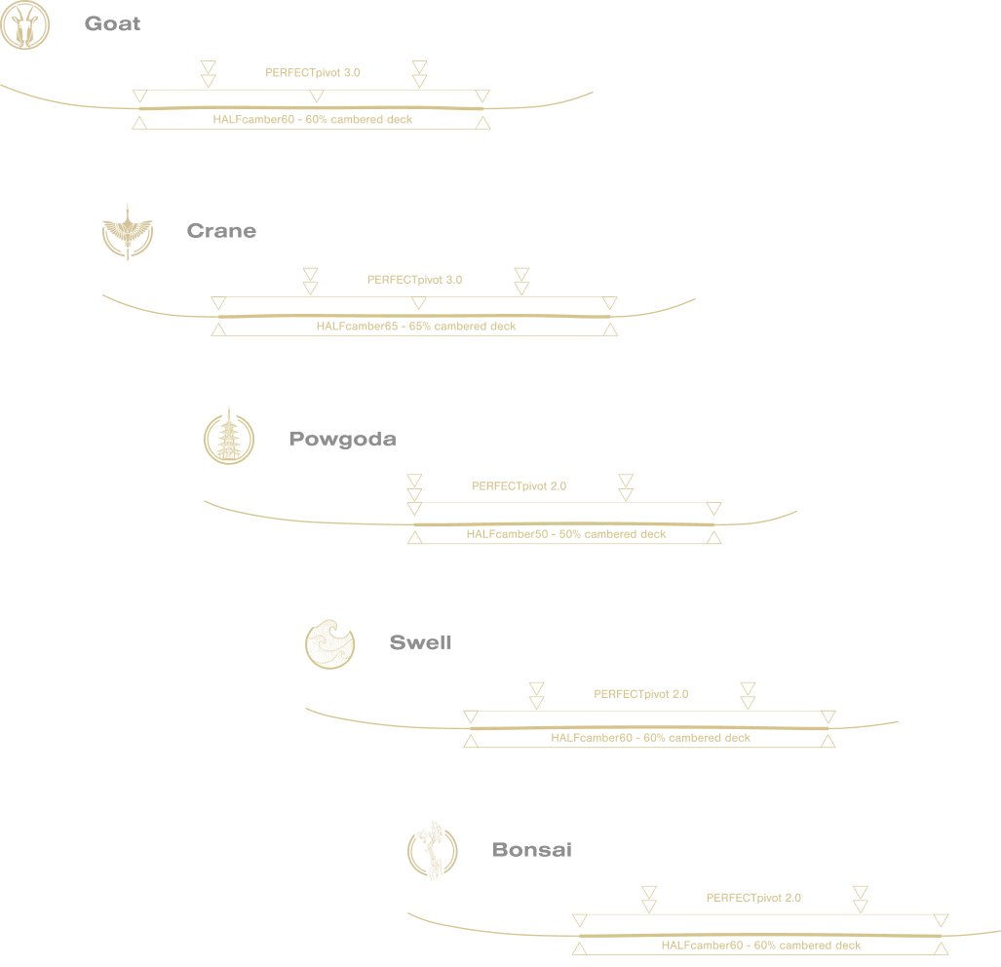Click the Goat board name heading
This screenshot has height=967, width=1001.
pos(112,23)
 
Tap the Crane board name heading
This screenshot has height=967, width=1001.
pos(221,231)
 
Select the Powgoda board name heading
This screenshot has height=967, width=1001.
pos(342,439)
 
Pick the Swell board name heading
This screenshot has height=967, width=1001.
pos(420,642)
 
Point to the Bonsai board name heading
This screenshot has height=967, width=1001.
pos(531,850)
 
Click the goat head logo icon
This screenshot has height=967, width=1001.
pos(24,24)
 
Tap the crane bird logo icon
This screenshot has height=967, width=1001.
pos(128,232)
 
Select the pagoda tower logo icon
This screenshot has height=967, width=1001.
pos(229,437)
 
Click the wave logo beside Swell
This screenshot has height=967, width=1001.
pos(330,644)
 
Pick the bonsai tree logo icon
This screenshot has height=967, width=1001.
pos(432,851)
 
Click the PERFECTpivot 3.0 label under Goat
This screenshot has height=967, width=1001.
pos(313,72)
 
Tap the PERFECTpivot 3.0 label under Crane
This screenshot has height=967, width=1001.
pos(414,280)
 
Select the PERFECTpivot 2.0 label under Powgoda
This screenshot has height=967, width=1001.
pos(519,485)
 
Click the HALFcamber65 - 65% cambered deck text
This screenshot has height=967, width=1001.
pos(416,327)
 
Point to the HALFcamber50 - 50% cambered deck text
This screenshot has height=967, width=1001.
pos(566,534)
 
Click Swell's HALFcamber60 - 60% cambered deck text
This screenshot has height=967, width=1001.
pos(650,738)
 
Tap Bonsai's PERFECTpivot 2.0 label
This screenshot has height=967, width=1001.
pos(753,898)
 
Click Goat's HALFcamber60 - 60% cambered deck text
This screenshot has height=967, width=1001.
pos(312,120)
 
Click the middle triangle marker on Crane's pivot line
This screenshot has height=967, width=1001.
pos(418,303)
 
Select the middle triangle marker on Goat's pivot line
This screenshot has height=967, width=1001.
pos(316,96)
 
